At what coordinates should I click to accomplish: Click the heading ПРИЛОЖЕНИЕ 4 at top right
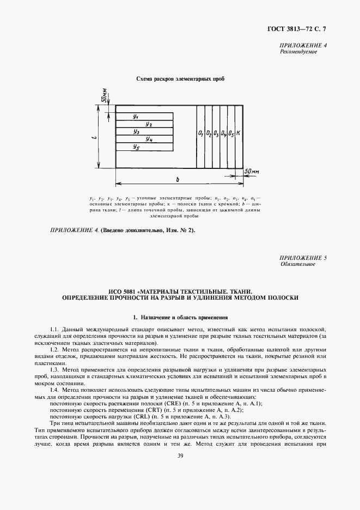303,46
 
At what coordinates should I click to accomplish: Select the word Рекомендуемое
298,52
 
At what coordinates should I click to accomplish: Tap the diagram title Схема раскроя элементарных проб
180,78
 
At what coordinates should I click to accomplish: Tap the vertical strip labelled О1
201,133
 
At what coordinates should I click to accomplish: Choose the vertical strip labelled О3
216,133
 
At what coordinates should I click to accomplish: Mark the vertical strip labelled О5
231,133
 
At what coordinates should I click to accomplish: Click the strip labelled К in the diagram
239,133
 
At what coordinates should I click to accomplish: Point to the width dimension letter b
179,179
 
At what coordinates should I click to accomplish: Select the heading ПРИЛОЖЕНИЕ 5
303,257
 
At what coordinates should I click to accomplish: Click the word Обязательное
298,264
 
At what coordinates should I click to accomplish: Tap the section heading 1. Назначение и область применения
180,317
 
